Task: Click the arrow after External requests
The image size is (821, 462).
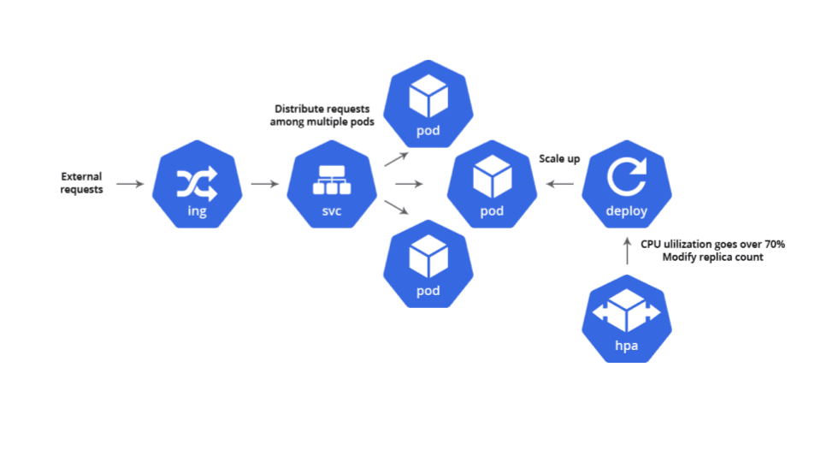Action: click(x=130, y=184)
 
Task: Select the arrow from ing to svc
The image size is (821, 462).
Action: click(x=264, y=184)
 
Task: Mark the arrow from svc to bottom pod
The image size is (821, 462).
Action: click(x=396, y=209)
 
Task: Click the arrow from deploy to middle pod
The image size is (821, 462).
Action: click(x=560, y=184)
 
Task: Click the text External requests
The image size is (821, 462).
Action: click(x=81, y=183)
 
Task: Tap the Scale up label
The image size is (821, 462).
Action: click(x=559, y=159)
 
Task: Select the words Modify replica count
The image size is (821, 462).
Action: click(x=713, y=257)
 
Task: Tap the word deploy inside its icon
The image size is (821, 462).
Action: click(x=626, y=211)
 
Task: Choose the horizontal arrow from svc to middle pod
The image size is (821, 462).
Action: click(x=409, y=184)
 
